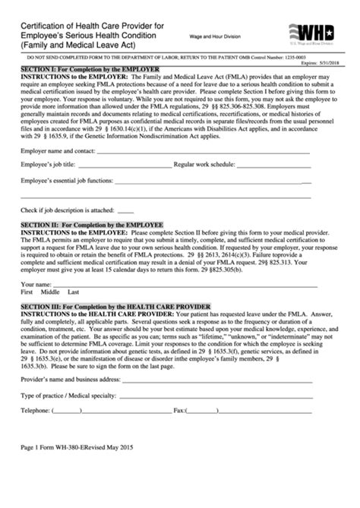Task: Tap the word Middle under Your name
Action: point(50,292)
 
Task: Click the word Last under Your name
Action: point(74,292)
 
